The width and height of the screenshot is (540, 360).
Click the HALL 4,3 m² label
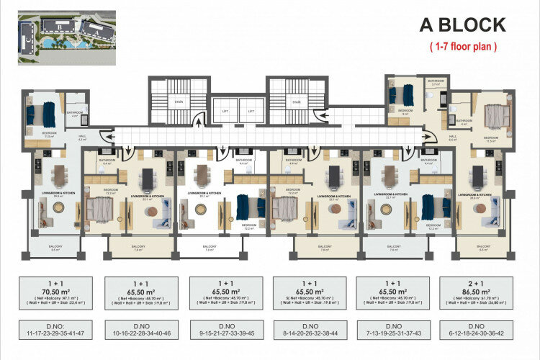tap(81, 138)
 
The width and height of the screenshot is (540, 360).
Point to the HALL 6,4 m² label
tap(453, 138)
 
